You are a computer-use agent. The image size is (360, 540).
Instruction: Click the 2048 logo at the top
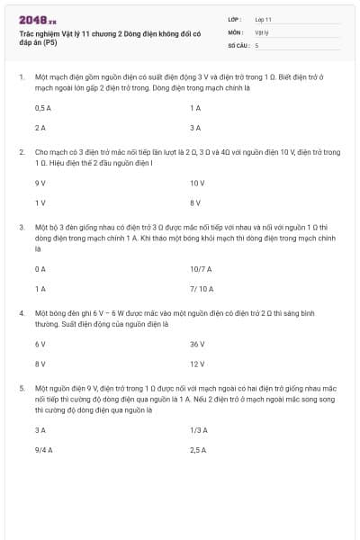[x=37, y=19]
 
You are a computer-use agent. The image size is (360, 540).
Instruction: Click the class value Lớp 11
[x=263, y=19]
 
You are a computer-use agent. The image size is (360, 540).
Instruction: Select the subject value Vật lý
[x=261, y=31]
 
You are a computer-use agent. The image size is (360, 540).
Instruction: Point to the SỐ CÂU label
[x=238, y=44]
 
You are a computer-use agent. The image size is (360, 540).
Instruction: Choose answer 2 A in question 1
[x=39, y=128]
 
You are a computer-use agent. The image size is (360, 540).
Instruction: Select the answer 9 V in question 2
[x=40, y=183]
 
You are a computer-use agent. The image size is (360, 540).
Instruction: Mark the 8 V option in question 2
[x=195, y=202]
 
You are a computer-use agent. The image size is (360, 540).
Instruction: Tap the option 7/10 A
[x=202, y=288]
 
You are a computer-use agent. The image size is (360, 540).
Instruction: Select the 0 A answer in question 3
[x=39, y=268]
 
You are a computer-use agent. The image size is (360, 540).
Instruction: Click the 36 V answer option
[x=197, y=344]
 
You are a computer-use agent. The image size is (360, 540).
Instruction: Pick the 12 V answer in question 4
[x=197, y=364]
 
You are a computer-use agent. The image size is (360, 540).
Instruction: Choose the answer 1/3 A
[x=199, y=429]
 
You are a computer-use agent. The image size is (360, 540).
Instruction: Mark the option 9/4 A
[x=43, y=449]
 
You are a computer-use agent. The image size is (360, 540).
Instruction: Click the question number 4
[x=22, y=312]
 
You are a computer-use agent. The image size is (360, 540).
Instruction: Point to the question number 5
[x=22, y=388]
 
